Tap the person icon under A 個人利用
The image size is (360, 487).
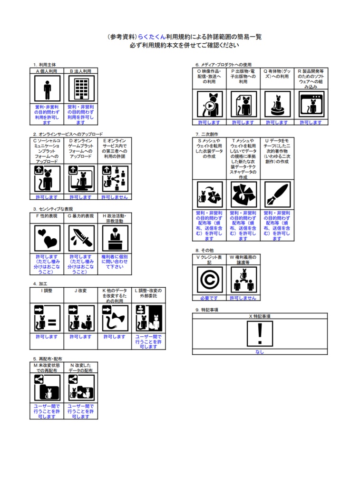pyautogui.click(x=47, y=89)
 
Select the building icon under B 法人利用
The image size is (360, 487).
pyautogui.click(x=81, y=89)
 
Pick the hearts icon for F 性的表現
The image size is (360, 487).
pyautogui.click(x=47, y=238)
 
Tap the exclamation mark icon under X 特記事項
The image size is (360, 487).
pyautogui.click(x=260, y=334)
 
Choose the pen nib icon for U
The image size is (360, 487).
pyautogui.click(x=278, y=195)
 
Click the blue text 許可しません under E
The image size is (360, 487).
pyautogui.click(x=115, y=197)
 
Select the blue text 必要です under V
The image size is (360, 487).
pyautogui.click(x=209, y=298)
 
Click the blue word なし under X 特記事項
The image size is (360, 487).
pyautogui.click(x=260, y=352)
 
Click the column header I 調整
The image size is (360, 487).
pyautogui.click(x=47, y=290)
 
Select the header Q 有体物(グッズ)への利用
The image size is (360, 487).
pyautogui.click(x=277, y=76)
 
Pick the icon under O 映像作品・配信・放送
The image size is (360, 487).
pyautogui.click(x=210, y=104)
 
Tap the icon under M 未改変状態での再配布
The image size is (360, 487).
pyautogui.click(x=47, y=388)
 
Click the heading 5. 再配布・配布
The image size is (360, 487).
pyautogui.click(x=48, y=359)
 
